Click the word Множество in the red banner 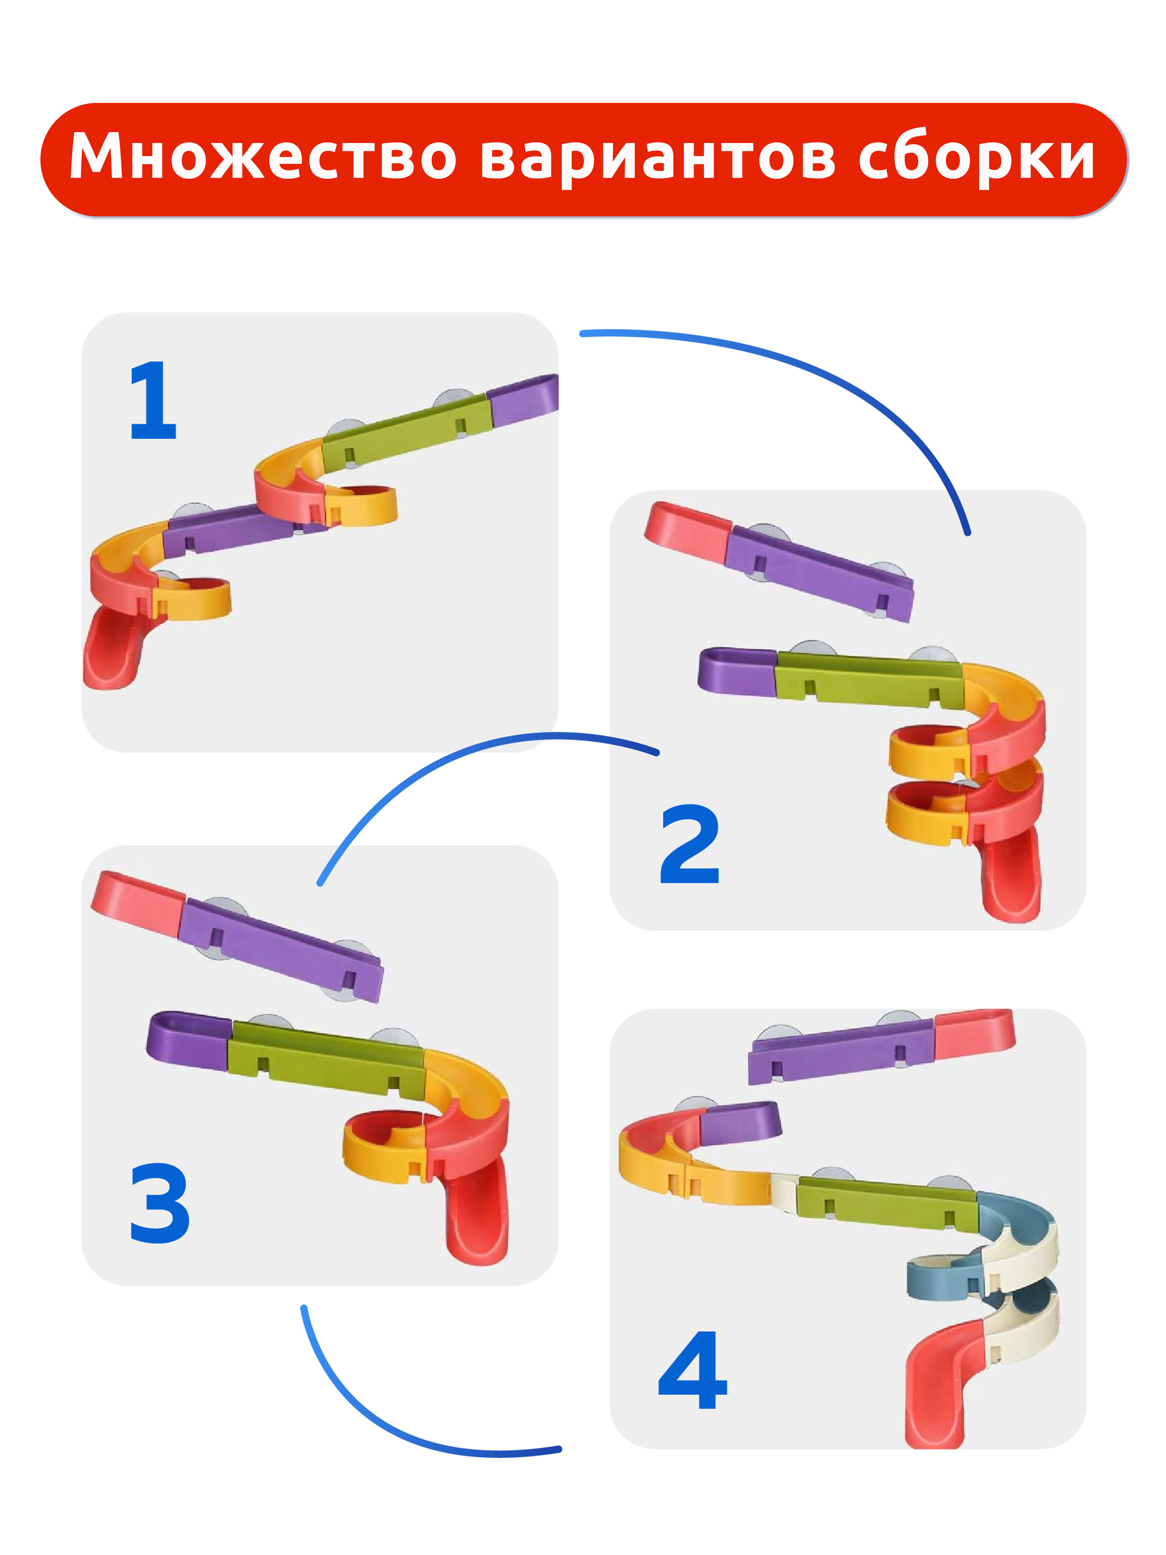point(263,156)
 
